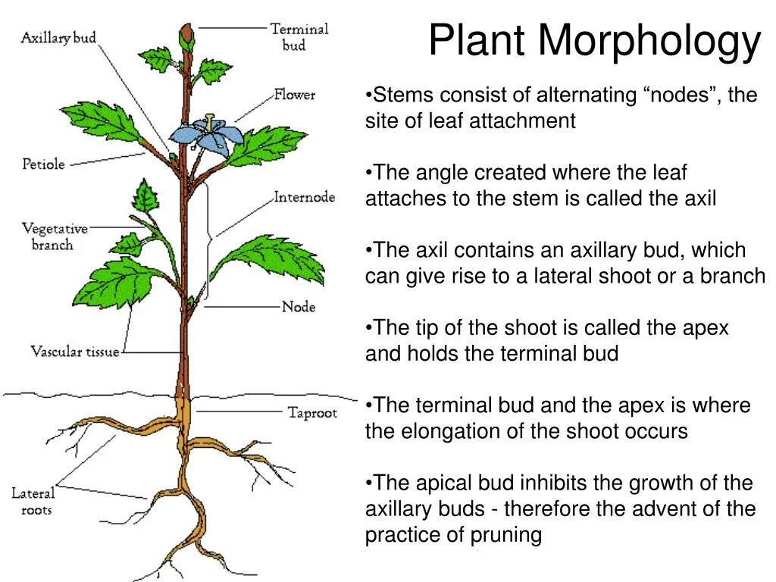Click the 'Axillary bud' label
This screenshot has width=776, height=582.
(58, 37)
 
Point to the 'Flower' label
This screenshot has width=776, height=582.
(295, 95)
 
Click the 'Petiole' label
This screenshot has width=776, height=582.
(43, 164)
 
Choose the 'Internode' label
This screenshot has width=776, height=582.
(304, 197)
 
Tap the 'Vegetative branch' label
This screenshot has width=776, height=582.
(55, 236)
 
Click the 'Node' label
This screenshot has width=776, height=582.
(298, 307)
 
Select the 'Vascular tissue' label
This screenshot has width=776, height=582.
(75, 352)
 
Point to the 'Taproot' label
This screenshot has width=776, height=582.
(311, 413)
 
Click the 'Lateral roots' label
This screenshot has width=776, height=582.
(33, 502)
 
